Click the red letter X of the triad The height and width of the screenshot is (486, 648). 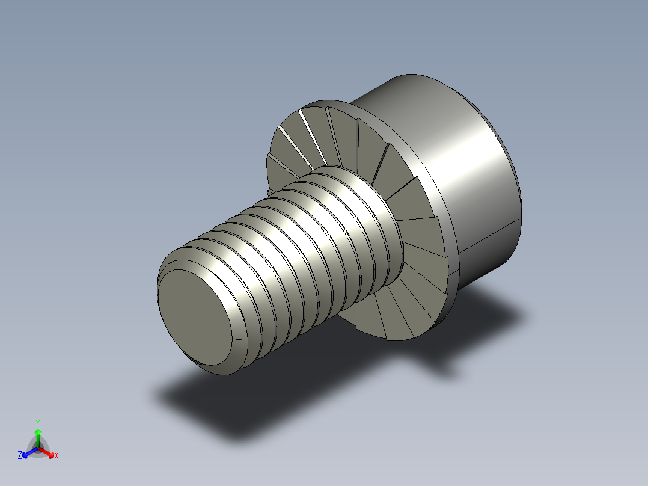56,456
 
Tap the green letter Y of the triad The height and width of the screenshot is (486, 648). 37,423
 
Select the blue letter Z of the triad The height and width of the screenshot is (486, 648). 20,456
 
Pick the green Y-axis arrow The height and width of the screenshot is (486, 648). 38,435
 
